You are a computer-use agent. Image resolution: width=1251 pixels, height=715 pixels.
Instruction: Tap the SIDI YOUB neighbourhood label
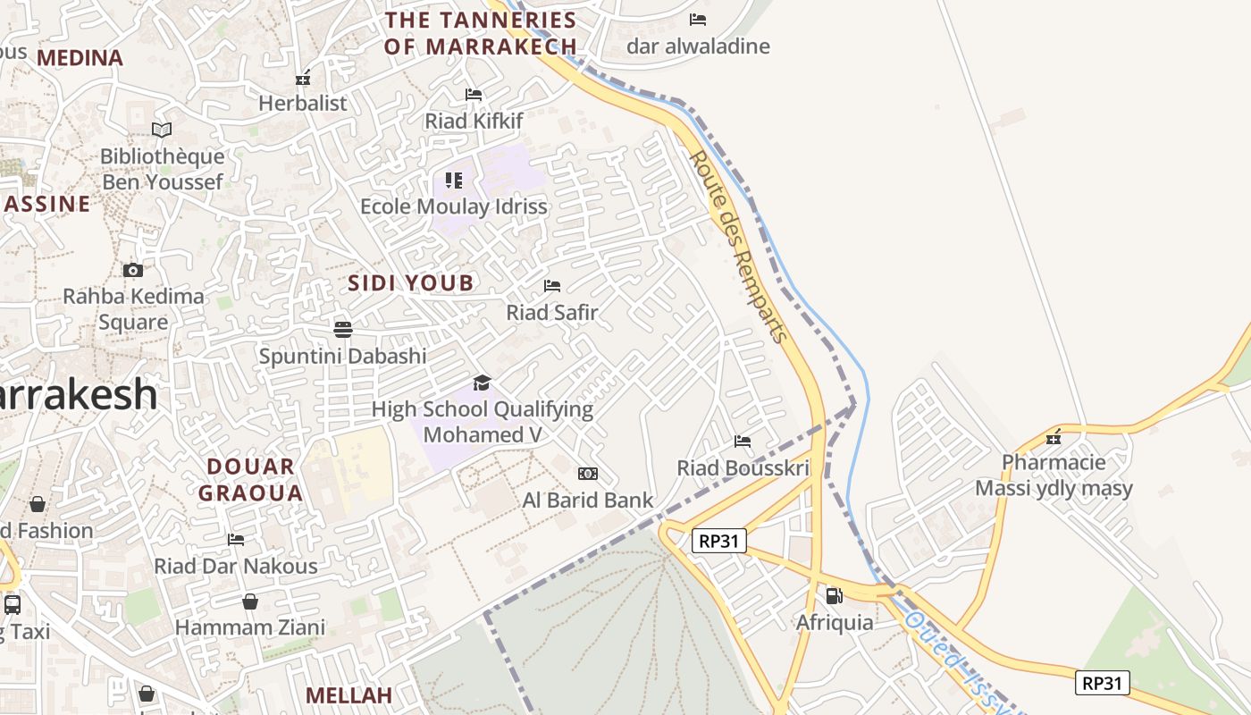pos(410,283)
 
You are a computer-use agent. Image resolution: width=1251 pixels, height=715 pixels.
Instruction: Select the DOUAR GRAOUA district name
pos(250,479)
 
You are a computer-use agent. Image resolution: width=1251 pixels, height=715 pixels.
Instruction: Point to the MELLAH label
pos(348,695)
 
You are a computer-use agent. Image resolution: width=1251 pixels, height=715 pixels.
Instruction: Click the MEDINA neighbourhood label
pos(80,58)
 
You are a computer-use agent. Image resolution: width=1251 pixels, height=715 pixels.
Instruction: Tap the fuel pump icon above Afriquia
pos(834,595)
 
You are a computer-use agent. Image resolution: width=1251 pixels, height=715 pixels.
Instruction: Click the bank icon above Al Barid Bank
pos(588,474)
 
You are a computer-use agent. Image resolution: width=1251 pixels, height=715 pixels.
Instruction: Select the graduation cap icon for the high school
pos(483,383)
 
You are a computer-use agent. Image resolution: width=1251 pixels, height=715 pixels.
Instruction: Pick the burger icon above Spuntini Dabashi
pos(342,329)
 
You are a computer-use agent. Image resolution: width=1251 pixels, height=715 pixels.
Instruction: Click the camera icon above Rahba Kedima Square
pos(132,270)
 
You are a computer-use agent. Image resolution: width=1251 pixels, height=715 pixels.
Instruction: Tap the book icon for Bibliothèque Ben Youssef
pos(162,130)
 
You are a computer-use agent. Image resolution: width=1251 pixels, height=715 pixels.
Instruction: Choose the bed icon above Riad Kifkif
pos(474,94)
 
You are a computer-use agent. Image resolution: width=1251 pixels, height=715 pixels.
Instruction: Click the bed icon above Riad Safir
pos(552,286)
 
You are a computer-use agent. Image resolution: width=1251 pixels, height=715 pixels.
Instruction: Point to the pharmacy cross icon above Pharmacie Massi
pos(1054,437)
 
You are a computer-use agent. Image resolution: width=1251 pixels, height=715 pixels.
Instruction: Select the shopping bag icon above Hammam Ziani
pos(250,601)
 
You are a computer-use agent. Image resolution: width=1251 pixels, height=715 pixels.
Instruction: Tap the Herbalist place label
pos(302,104)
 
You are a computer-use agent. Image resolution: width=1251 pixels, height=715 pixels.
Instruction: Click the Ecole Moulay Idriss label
pos(453,206)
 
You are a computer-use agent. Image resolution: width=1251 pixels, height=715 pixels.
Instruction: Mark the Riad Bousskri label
pos(743,467)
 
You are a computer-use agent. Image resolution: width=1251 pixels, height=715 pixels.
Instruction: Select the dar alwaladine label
pos(698,46)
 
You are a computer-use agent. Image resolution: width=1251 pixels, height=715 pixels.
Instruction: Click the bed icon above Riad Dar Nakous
pos(236,539)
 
